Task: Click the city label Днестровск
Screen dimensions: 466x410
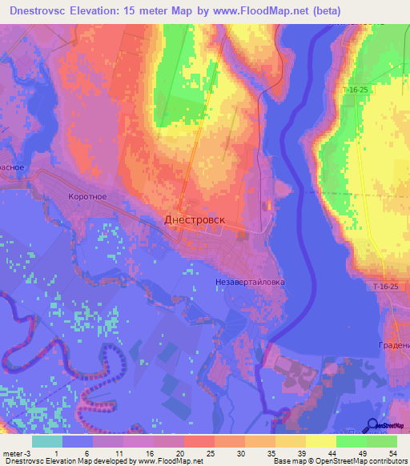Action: [195, 219]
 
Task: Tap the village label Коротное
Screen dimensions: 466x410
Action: [88, 196]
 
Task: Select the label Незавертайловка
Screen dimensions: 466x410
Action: [250, 282]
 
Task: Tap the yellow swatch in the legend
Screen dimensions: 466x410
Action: [320, 441]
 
